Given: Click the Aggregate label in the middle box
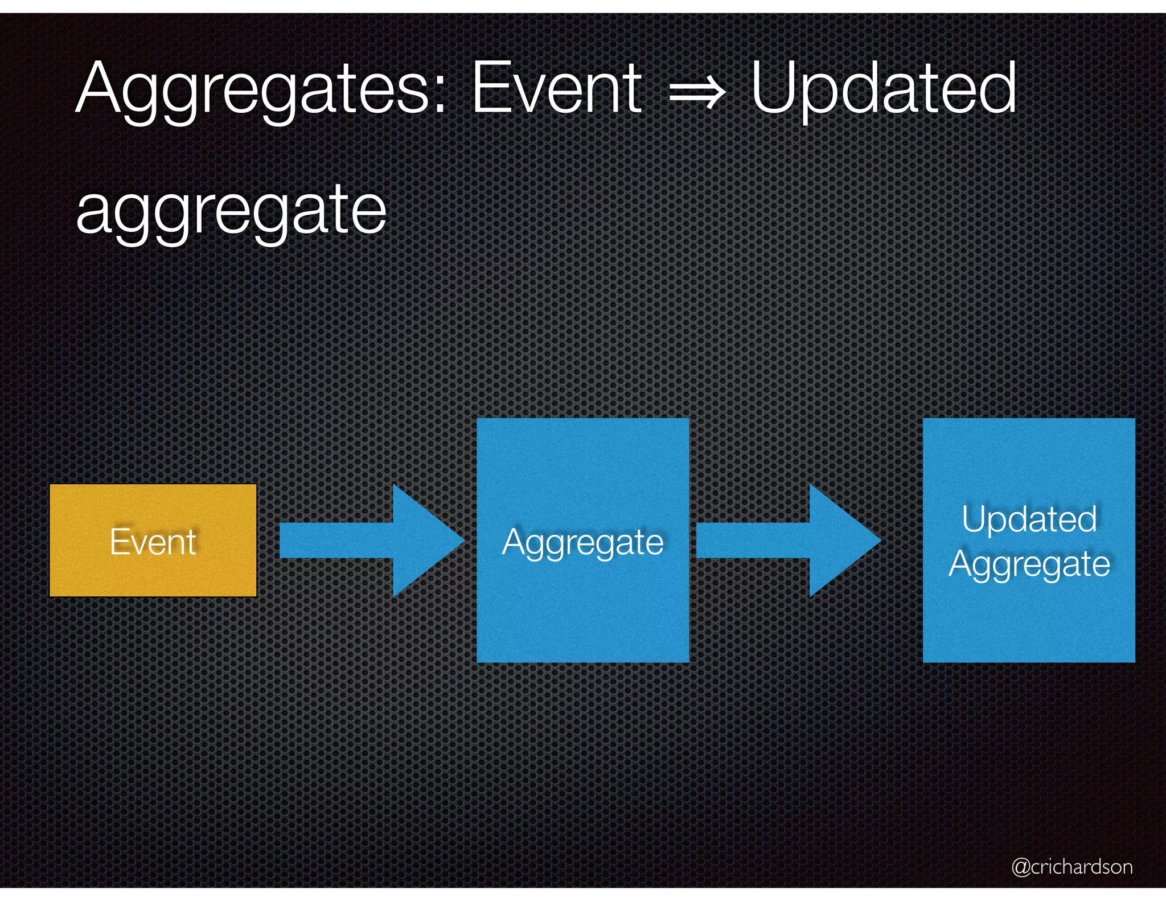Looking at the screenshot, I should coord(582,543).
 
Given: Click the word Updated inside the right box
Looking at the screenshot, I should coord(1029,520).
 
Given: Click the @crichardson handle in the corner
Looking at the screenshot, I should coord(1071,866).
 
